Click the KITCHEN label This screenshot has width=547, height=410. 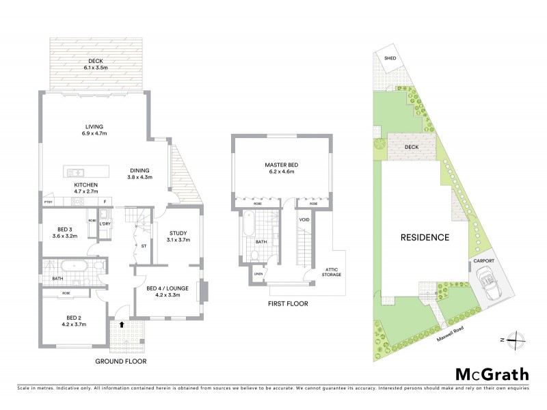click(x=86, y=185)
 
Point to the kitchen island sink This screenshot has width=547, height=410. click(x=77, y=172)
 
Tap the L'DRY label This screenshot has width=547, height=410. click(x=105, y=224)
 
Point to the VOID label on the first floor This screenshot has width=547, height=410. click(x=304, y=219)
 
